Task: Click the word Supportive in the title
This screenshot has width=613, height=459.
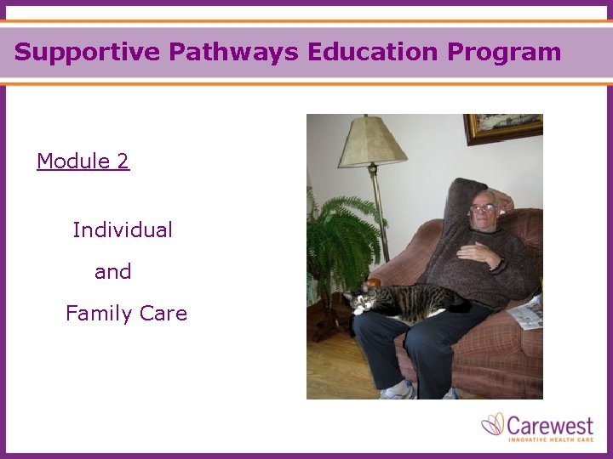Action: [x=88, y=52]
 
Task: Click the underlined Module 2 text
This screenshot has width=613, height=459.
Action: [x=83, y=161]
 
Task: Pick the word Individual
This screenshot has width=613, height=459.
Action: [x=123, y=229]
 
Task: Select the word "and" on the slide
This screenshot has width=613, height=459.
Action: [x=113, y=272]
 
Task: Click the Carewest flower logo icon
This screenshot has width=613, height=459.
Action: [x=493, y=424]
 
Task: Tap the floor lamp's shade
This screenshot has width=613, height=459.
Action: [x=371, y=141]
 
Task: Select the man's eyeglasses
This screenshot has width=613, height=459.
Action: [x=482, y=207]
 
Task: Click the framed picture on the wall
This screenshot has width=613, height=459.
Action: [x=502, y=127]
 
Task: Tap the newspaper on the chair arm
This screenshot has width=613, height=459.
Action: [x=525, y=314]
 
